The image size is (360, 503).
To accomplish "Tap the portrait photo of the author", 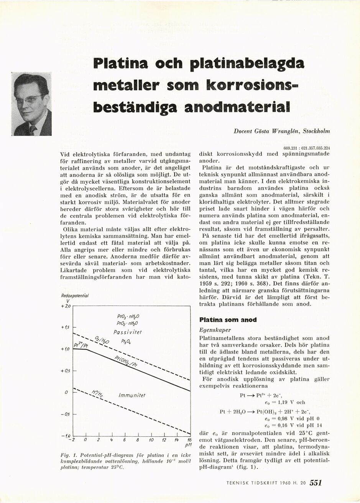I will point(32,104).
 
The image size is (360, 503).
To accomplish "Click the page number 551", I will point(316,483).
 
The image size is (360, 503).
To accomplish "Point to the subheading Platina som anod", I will point(228,320).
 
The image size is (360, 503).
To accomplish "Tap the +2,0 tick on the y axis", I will point(66,306).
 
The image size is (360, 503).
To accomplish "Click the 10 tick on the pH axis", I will point(151,439).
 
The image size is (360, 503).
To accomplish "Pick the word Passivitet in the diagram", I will point(128,332).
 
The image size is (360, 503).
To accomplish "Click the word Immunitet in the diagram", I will point(132,395).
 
